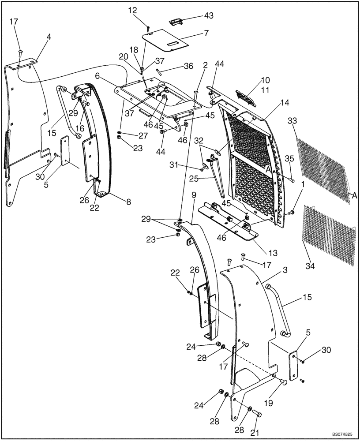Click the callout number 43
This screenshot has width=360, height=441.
point(209,16)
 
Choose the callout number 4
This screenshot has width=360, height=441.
point(49,37)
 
